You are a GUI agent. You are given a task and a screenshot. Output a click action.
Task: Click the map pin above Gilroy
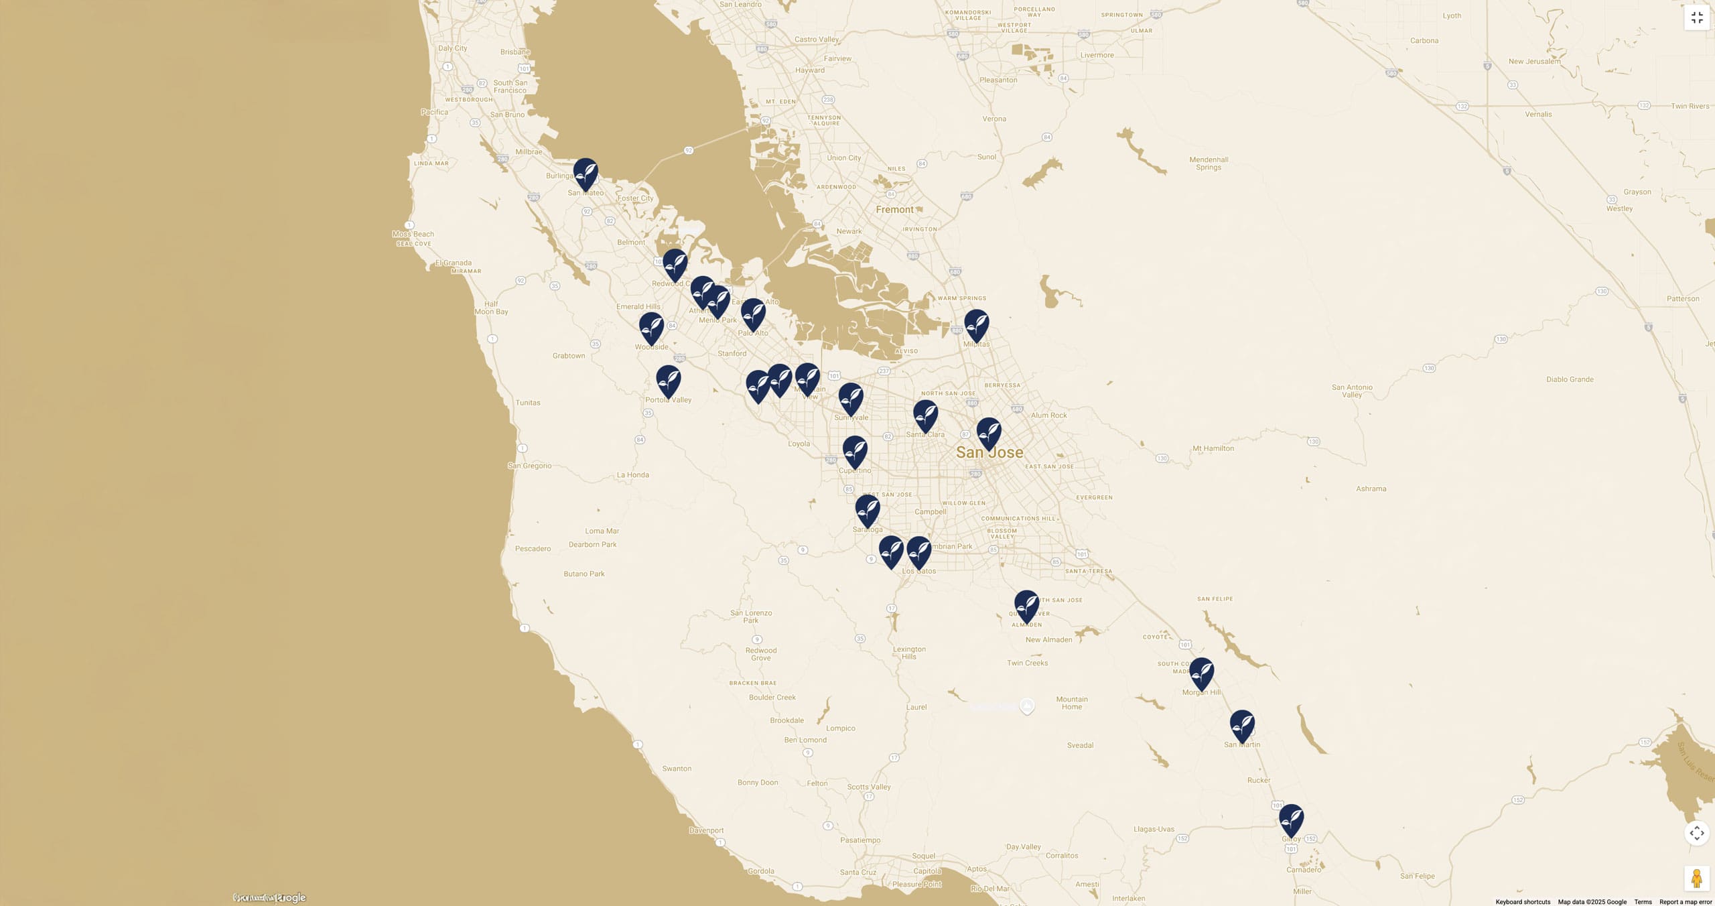coord(1291,820)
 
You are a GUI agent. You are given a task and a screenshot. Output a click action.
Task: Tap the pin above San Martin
coord(1242,726)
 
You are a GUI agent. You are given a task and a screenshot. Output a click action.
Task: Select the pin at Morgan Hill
coord(1201,673)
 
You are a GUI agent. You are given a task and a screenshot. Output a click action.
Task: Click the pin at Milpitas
coord(976,325)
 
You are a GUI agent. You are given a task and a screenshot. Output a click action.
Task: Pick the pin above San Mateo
coord(586,174)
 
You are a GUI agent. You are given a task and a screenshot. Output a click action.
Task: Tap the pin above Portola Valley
coord(668,381)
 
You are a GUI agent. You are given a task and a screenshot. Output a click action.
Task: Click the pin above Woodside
coord(651,328)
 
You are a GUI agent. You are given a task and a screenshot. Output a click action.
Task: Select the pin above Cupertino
coord(855,451)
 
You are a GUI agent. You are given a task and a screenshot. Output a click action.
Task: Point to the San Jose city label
coord(989,452)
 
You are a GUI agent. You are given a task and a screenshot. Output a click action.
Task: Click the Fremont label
coord(894,210)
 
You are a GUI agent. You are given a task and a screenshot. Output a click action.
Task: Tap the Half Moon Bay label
coord(491,308)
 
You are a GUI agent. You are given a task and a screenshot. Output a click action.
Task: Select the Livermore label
coord(1097,56)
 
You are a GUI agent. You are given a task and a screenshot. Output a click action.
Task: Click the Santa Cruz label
coord(858,872)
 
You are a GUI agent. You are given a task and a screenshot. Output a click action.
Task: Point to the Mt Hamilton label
coord(1213,448)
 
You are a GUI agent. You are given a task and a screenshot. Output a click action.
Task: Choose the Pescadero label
coord(533,549)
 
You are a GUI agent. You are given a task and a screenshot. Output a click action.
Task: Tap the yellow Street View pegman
coord(1696,878)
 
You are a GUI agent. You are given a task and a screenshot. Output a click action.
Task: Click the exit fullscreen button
coord(1697,18)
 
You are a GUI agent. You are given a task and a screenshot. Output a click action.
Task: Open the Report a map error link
coord(1686,902)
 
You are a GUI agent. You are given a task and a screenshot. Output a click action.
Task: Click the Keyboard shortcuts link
coord(1523,902)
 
